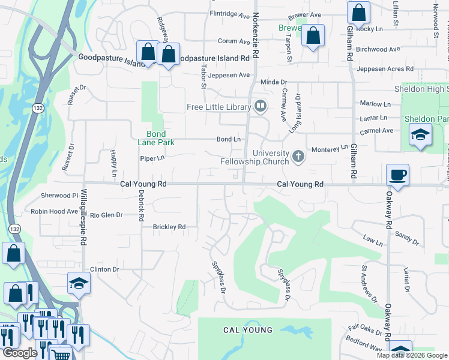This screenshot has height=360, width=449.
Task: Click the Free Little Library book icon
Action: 261,107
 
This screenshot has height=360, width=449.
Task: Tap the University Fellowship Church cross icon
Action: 298,157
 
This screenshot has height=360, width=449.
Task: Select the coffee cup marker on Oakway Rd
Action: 397,175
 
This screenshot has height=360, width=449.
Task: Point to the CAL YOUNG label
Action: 247,330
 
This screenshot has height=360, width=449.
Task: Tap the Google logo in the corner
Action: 19,353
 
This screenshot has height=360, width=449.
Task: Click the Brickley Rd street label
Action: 169,227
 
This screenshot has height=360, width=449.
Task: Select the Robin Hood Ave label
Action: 55,211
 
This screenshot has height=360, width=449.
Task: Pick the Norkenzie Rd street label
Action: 255,35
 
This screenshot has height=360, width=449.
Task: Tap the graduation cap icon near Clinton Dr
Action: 79,283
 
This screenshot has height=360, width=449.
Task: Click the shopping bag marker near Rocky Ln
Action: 358,12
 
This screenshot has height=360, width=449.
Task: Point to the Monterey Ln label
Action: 327,148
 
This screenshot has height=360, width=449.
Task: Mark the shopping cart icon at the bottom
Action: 61,355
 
